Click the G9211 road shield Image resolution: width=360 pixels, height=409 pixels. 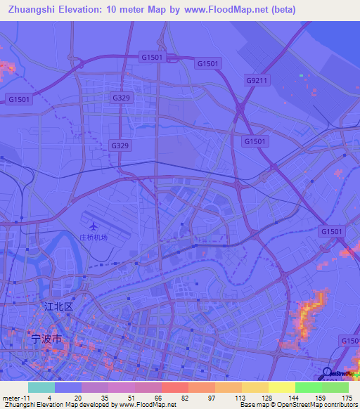point(257,81)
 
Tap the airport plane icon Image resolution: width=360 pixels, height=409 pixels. point(94,226)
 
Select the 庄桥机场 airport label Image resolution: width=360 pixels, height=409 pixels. point(94,237)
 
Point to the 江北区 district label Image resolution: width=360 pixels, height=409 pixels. point(58,306)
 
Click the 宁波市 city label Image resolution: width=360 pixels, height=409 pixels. point(47,338)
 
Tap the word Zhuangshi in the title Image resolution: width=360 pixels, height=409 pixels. point(33,10)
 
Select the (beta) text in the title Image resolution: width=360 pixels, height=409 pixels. point(280,10)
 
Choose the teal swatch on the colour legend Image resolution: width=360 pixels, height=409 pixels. point(41,387)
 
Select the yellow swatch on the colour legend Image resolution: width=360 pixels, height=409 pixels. point(281,387)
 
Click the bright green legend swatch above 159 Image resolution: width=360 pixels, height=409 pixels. point(308,387)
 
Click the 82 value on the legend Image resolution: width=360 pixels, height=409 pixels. point(184,397)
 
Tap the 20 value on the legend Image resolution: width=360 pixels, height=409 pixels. point(77,397)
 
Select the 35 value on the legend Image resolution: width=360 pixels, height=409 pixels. point(104,397)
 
